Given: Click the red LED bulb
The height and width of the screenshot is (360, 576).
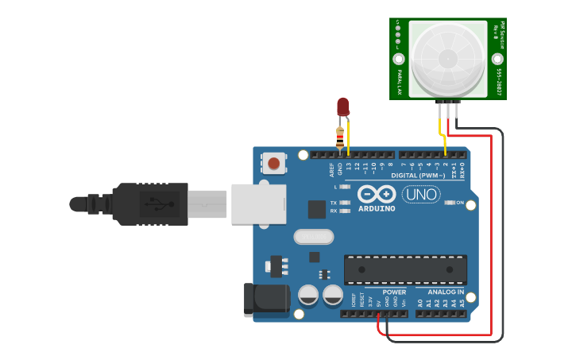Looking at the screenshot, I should tap(342, 106).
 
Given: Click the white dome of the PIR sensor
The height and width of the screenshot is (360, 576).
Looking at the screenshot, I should tap(447, 57).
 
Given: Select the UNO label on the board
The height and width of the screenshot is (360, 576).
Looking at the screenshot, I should tap(421, 195).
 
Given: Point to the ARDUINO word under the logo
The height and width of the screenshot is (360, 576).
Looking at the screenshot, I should tap(377, 208).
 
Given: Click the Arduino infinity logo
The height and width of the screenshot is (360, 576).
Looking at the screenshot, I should tap(377, 194).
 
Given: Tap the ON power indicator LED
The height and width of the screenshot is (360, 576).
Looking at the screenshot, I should tap(449, 203).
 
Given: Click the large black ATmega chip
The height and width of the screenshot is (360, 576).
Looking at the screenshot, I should tap(405, 269).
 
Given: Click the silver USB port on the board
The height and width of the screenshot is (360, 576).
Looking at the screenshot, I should tap(259, 203).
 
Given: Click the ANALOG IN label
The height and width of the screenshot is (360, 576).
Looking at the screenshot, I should tap(446, 292).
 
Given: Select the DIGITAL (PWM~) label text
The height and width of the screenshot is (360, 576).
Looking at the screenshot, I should tap(421, 174).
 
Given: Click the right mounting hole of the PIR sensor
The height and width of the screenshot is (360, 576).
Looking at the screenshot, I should tap(497, 59).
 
